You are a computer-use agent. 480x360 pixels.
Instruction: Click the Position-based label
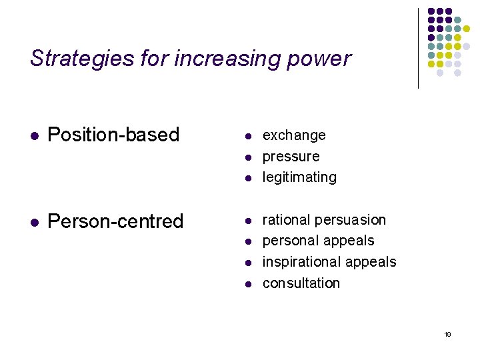pos(114,135)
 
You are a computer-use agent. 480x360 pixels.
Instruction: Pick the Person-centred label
pos(115,221)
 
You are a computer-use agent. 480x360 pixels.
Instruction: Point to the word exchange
pos(294,135)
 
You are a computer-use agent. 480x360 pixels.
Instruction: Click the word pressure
pos(291,157)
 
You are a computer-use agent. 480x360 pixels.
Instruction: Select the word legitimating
pos(299,177)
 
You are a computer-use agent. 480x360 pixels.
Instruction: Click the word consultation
pos(301,283)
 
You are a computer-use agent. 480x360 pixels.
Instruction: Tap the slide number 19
pos(447,334)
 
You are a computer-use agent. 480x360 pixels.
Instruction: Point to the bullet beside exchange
pos(247,137)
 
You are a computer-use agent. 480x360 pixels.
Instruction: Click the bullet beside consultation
pos(247,284)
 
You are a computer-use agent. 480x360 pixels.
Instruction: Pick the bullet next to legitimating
pos(247,179)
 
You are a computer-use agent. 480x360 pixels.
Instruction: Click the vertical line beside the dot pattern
pos(418,48)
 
